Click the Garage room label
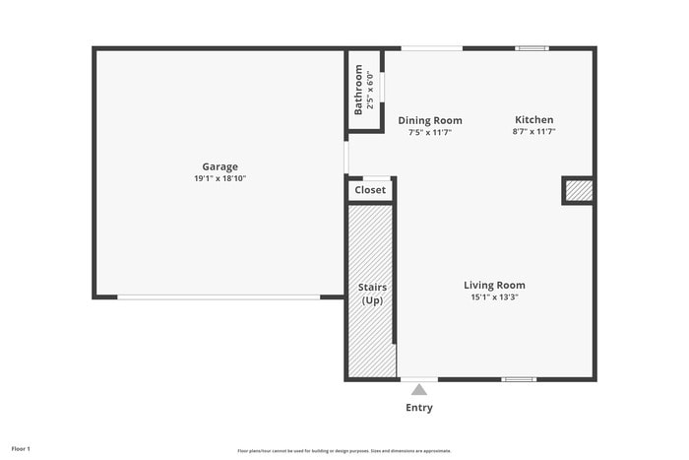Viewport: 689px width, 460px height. (x=219, y=166)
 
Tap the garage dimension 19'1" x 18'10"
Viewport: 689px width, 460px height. (x=219, y=178)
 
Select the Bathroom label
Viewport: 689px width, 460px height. (x=358, y=90)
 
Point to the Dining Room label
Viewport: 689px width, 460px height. (x=430, y=120)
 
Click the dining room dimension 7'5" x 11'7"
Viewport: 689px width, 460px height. (x=430, y=132)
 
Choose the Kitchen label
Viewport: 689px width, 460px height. (x=533, y=119)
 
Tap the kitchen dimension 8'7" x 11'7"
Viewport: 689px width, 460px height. (x=533, y=131)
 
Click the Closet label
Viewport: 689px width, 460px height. (x=370, y=190)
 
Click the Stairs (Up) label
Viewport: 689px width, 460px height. (x=372, y=294)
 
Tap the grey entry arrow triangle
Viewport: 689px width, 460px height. (x=419, y=390)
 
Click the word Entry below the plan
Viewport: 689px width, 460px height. (x=419, y=408)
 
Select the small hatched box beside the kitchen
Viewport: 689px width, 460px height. (x=579, y=190)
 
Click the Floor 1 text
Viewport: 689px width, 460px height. (x=21, y=449)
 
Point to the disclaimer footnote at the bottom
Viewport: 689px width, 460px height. (x=344, y=450)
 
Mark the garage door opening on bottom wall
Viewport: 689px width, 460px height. (x=218, y=296)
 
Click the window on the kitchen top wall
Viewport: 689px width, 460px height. (x=532, y=47)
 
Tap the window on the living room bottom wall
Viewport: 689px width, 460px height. (x=519, y=379)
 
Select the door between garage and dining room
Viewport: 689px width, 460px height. (x=346, y=158)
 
